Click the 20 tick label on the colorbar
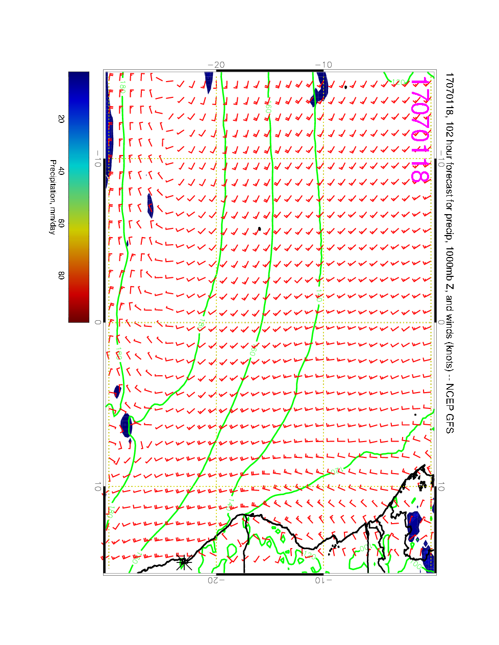pyautogui.click(x=61, y=119)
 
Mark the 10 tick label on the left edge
pyautogui.click(x=97, y=487)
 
